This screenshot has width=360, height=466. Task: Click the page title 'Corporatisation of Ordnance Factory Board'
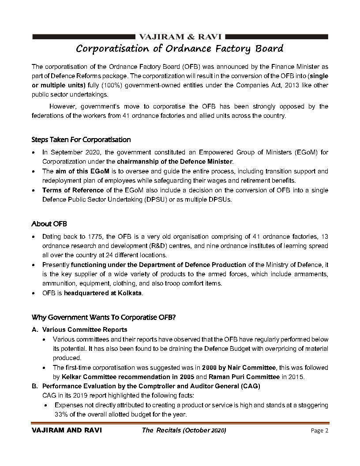tap(180, 48)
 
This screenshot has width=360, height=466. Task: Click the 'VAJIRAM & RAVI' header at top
tap(180, 36)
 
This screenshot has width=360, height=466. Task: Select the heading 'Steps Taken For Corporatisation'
tap(81, 139)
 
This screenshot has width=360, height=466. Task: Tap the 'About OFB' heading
tap(49, 224)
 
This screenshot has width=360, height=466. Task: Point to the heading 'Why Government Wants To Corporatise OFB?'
tap(104, 317)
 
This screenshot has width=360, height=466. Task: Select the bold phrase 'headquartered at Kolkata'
tap(103, 293)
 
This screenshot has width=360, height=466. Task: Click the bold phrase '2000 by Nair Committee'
tap(240, 368)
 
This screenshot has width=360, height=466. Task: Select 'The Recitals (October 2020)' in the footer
tap(184, 431)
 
